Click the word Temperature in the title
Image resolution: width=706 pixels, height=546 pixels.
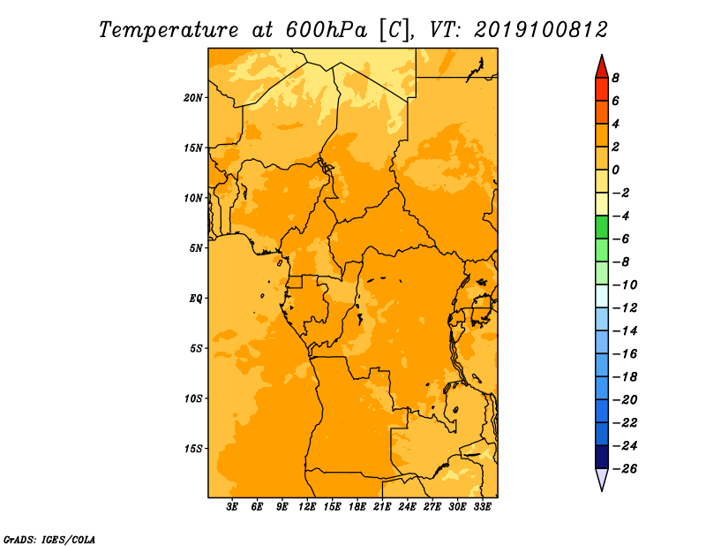tap(169, 30)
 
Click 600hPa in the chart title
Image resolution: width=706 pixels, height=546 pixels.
tap(327, 30)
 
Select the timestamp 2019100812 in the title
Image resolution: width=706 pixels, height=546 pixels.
tap(541, 30)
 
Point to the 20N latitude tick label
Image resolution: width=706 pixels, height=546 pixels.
tap(193, 98)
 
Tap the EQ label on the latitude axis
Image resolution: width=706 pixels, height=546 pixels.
tap(196, 299)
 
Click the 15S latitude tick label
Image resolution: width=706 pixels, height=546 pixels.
tap(193, 449)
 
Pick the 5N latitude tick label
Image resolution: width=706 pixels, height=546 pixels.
tap(196, 248)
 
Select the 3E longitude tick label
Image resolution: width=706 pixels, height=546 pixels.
tap(232, 507)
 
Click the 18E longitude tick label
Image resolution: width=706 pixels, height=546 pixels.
tap(357, 507)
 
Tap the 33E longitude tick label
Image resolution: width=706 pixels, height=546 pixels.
tap(482, 507)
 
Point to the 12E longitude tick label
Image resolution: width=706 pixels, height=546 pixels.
tap(307, 507)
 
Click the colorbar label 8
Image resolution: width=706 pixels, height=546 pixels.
tap(615, 78)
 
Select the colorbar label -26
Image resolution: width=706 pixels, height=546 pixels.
tap(625, 469)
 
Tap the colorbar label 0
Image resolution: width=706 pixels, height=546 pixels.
tap(615, 170)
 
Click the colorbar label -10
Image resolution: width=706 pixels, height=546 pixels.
tap(625, 285)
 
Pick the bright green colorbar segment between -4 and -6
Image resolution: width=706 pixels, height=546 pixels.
tap(602, 227)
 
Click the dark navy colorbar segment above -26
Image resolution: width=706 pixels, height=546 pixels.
tap(602, 457)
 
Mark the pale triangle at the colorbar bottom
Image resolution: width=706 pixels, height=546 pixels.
tap(602, 478)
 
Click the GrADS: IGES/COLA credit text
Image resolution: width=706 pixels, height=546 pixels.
tap(49, 539)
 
